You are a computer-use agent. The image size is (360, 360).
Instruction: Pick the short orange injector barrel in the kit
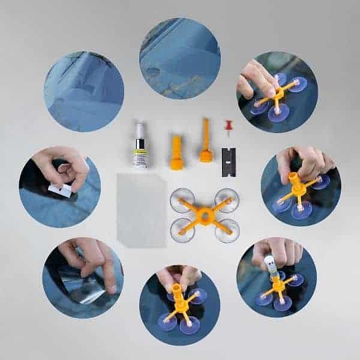coord(176,153)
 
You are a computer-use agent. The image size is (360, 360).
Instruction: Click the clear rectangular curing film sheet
coord(141,209)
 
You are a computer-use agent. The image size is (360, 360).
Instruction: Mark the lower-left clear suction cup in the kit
coord(182,229)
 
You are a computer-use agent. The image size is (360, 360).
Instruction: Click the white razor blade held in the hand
coord(60,190)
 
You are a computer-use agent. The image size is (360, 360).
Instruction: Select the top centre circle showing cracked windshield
coord(180,58)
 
